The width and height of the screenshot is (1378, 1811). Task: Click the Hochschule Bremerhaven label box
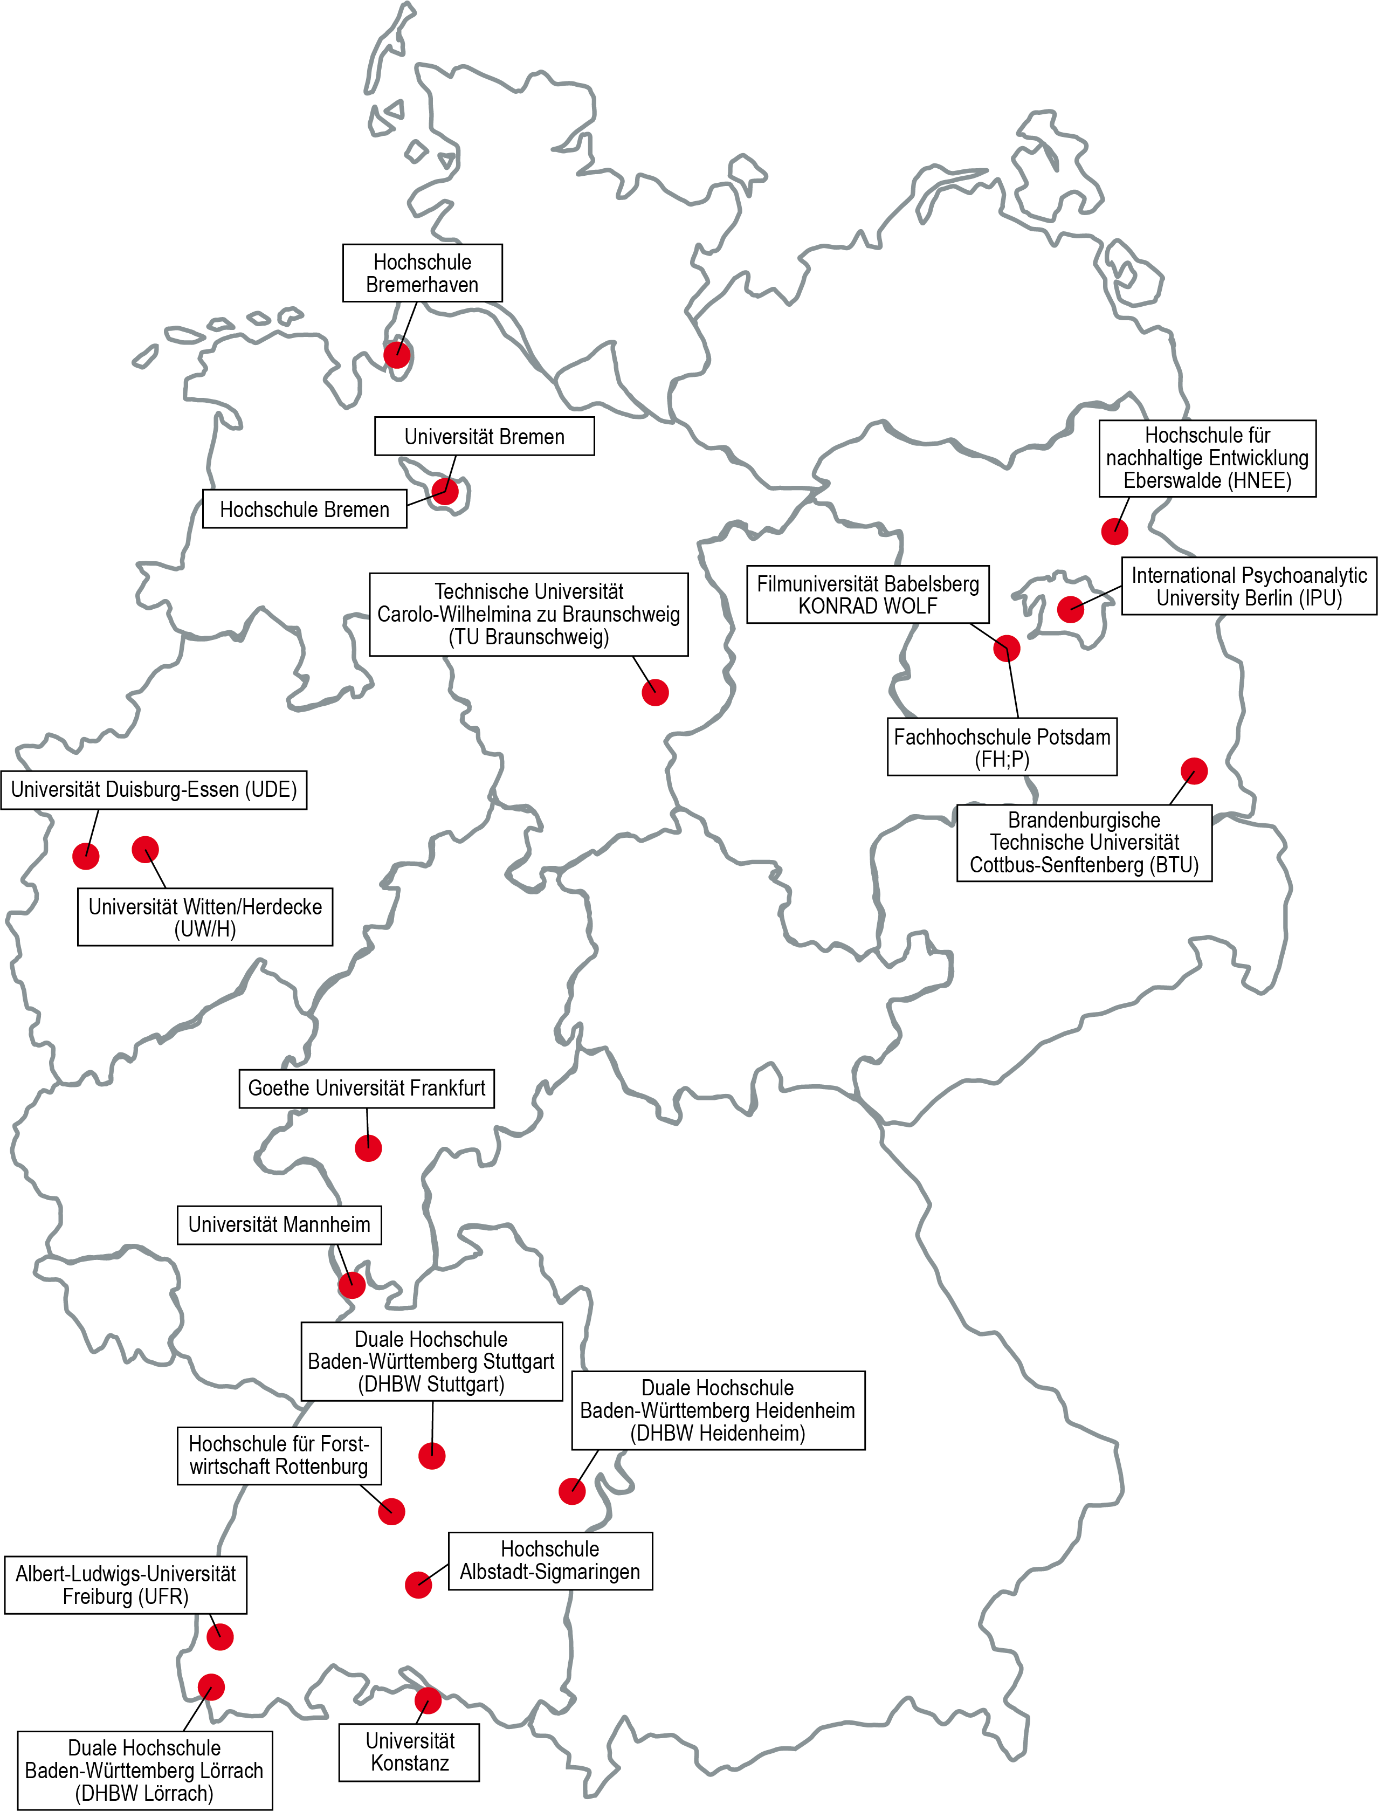coord(423,273)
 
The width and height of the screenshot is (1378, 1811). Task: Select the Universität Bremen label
coord(484,436)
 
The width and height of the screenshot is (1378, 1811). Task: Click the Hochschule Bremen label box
coord(304,509)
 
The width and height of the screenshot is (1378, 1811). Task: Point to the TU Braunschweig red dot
coord(656,692)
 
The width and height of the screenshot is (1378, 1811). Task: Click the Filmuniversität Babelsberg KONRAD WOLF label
coord(868,595)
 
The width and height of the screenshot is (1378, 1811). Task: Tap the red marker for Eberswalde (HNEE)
coord(1115,532)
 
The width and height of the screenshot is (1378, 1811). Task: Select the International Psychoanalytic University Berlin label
coord(1249,587)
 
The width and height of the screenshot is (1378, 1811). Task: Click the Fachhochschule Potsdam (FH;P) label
coord(1002,747)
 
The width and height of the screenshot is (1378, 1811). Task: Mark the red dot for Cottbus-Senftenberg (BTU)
coord(1194,771)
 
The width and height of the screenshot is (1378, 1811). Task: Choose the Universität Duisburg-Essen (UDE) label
coord(154,790)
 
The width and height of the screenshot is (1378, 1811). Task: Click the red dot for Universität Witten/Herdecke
coord(145,849)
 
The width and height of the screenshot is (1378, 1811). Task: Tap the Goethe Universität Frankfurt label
coord(367,1089)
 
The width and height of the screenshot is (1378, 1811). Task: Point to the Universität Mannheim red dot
coord(352,1284)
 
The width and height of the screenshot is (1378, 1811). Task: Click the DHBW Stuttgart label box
coord(431,1361)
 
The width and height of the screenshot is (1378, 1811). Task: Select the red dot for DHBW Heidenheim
coord(573,1491)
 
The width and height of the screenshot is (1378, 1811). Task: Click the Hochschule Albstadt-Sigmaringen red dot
coord(418,1585)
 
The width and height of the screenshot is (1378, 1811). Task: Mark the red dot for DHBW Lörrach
coord(211,1686)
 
